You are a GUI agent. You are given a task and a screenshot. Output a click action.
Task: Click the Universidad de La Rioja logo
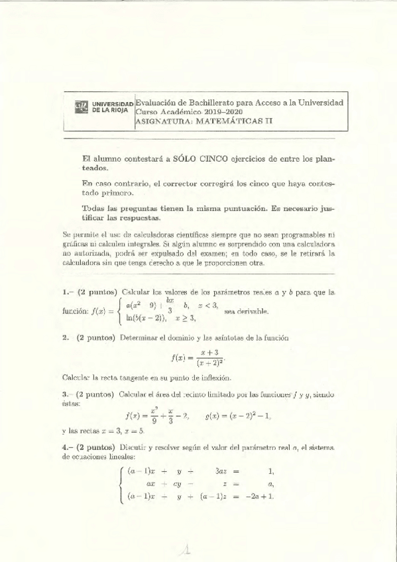tap(81, 108)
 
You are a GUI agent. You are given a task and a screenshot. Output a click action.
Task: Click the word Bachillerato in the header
tap(221, 103)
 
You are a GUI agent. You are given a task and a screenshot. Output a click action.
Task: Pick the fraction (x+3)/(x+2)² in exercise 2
tap(209, 358)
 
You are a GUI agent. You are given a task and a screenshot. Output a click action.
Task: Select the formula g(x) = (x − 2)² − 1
tap(239, 416)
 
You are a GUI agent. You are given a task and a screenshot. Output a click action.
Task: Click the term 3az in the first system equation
tap(224, 472)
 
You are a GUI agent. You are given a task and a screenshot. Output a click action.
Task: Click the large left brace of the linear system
tap(119, 484)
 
